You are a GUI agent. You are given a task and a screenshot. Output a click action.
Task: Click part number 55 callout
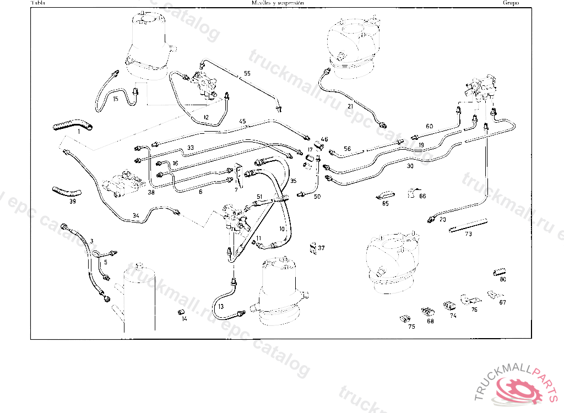[x=247, y=73]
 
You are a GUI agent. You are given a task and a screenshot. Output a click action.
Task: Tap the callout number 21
[x=350, y=106]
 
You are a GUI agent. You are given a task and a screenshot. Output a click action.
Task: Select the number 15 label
[x=116, y=99]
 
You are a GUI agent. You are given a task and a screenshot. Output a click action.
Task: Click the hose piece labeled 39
[x=67, y=192]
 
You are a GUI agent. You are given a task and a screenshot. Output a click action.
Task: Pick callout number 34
[x=136, y=215]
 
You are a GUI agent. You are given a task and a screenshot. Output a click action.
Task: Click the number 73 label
[x=469, y=234]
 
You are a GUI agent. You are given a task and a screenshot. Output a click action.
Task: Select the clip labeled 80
[x=499, y=271]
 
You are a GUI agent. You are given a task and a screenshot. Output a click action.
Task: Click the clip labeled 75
[x=405, y=318]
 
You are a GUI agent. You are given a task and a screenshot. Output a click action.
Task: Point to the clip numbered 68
[x=428, y=312]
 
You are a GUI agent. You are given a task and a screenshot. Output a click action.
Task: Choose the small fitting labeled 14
[x=180, y=313]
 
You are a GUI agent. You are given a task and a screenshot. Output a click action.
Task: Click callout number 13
[x=221, y=306]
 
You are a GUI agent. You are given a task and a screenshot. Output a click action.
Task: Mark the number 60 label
[x=429, y=126]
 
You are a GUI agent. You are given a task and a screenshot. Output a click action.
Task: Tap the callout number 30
[x=409, y=165]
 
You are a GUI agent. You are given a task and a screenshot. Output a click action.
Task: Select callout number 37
[x=321, y=248]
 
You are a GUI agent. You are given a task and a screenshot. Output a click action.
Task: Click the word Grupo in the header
[x=509, y=3]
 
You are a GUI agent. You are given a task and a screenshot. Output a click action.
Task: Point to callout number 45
[x=242, y=121]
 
